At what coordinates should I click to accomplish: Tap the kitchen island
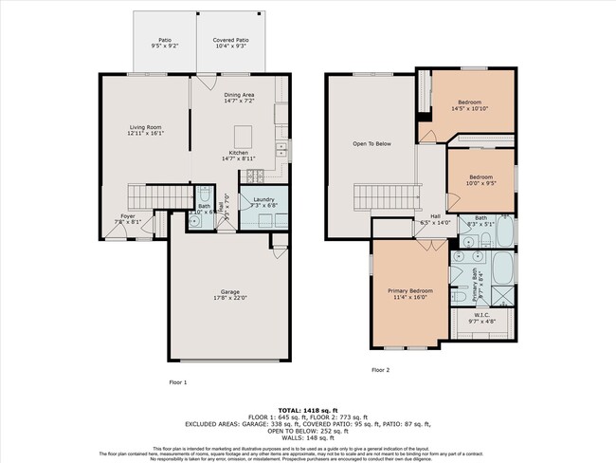coord(243,133)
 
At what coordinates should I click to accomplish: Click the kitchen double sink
coord(281,149)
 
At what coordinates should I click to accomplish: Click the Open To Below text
coord(371,144)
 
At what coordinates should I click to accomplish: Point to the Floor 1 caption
coord(178,381)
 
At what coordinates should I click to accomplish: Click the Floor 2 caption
coord(380,369)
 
